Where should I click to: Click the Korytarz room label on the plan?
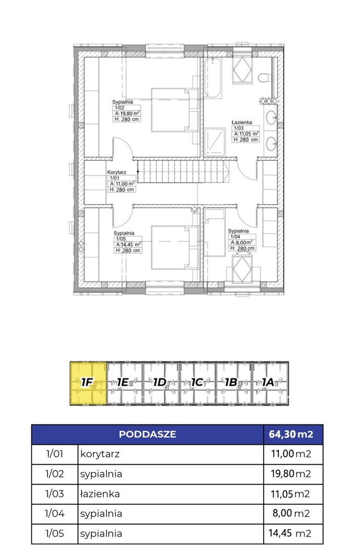(x=117, y=172)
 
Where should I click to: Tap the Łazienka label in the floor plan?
(x=242, y=122)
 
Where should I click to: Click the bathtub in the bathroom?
(x=213, y=78)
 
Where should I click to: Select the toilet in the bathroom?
(x=264, y=78)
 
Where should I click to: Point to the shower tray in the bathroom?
(x=215, y=142)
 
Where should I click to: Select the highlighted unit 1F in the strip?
(x=88, y=383)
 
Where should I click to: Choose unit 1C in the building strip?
(x=198, y=383)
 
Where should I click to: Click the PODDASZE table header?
(x=148, y=434)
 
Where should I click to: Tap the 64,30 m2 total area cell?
(x=291, y=434)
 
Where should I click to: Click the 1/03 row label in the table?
(x=54, y=494)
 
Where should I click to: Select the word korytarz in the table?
(x=100, y=454)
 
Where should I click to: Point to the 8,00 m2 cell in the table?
(x=292, y=514)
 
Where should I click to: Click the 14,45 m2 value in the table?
(x=289, y=533)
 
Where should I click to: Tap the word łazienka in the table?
(x=100, y=494)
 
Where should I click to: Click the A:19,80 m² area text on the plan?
(x=127, y=114)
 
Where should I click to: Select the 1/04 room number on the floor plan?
(x=235, y=236)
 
